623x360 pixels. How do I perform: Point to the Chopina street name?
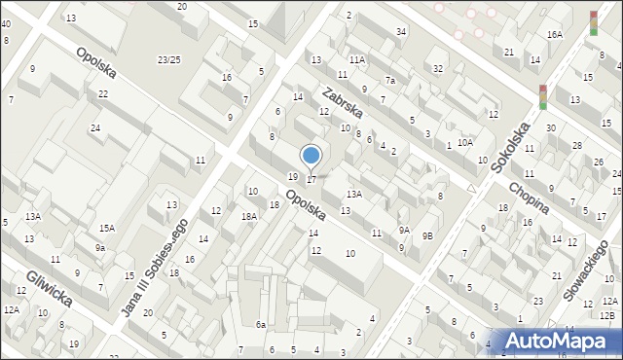pyautogui.click(x=529, y=195)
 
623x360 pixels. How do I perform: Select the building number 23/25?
pyautogui.click(x=169, y=60)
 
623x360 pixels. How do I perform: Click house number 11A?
pyautogui.click(x=357, y=60)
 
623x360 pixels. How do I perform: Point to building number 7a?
pyautogui.click(x=389, y=81)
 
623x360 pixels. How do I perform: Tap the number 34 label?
pyautogui.click(x=401, y=32)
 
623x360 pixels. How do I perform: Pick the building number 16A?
pyautogui.click(x=555, y=35)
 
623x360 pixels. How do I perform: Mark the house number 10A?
pyautogui.click(x=465, y=143)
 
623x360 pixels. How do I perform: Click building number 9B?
pyautogui.click(x=426, y=235)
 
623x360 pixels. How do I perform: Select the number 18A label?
pyautogui.click(x=249, y=217)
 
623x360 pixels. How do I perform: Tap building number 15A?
pyautogui.click(x=106, y=228)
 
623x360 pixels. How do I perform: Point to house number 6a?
pyautogui.click(x=261, y=324)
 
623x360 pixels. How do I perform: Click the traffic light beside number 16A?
pyautogui.click(x=594, y=23)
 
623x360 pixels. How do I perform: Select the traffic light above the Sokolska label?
pyautogui.click(x=543, y=96)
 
